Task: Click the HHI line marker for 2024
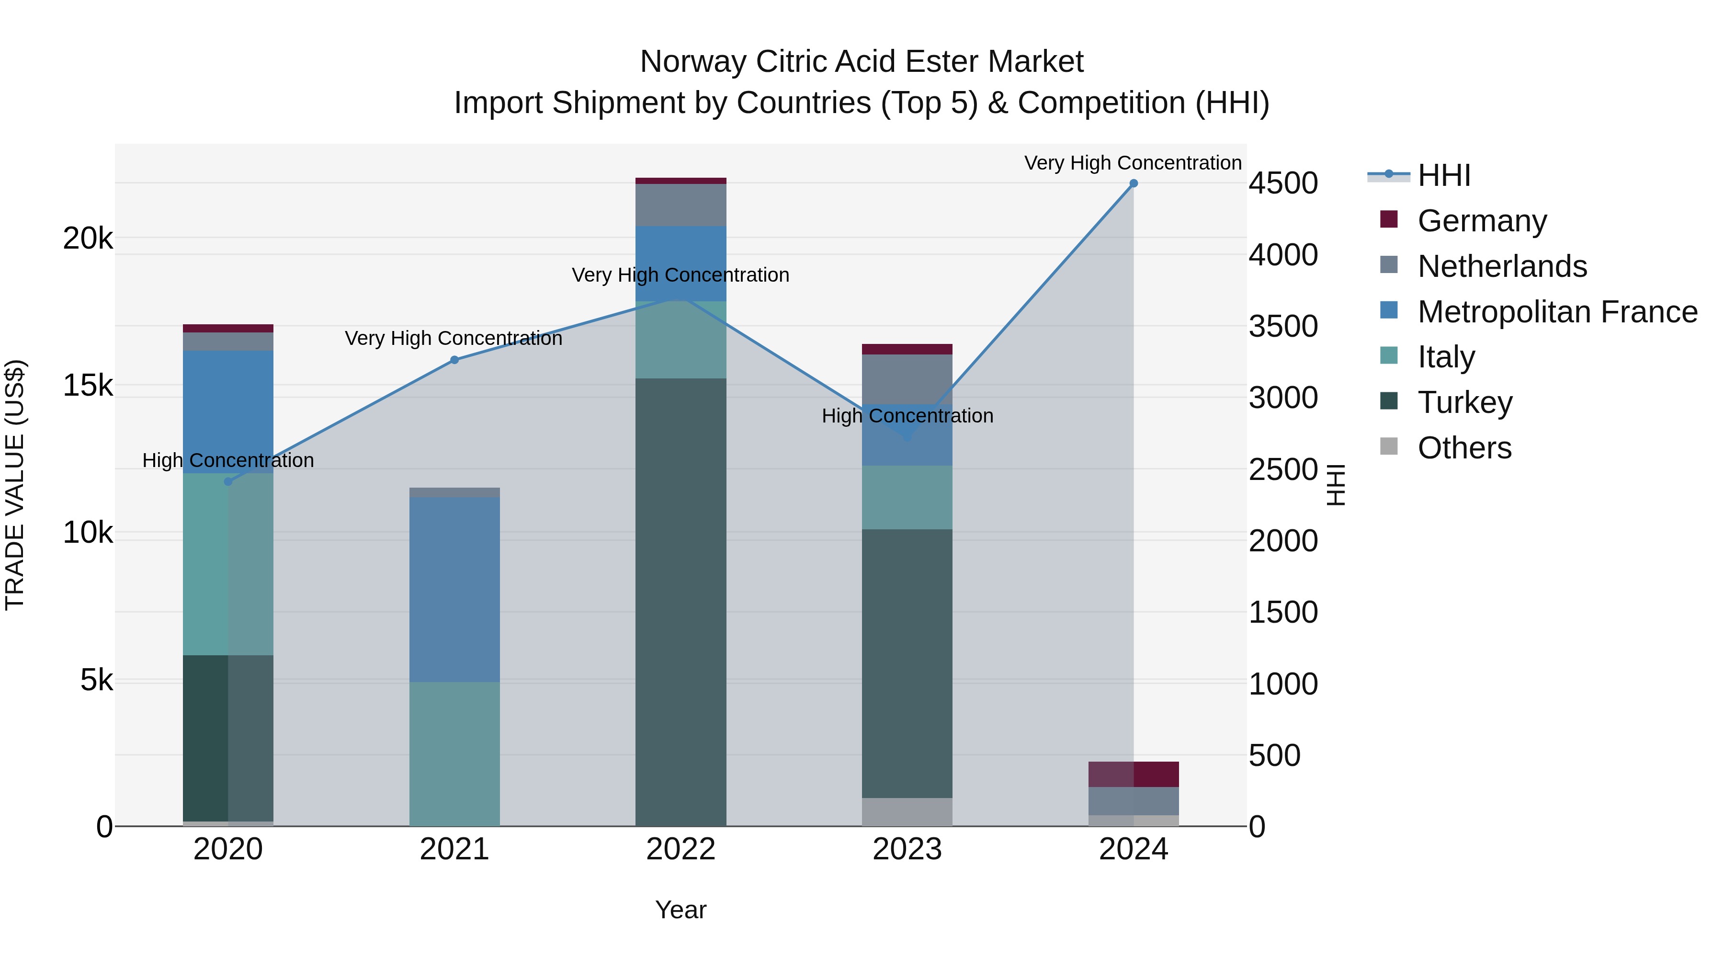[x=1133, y=183]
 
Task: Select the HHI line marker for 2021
[x=454, y=360]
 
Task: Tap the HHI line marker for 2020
[x=228, y=481]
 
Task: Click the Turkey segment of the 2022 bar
[x=681, y=603]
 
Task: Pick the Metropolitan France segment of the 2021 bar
[x=454, y=589]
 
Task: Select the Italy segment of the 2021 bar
[x=454, y=754]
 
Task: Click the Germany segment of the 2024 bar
[x=1133, y=775]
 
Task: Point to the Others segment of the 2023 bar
[x=907, y=812]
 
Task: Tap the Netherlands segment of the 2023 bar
[x=907, y=379]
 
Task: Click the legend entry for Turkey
[x=1464, y=402]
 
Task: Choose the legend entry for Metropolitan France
[x=1557, y=312]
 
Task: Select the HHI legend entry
[x=1443, y=175]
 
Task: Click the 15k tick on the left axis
[x=88, y=386]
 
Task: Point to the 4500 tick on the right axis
[x=1283, y=183]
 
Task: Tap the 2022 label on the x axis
[x=681, y=849]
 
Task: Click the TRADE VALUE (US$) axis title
[x=15, y=485]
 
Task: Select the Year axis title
[x=681, y=910]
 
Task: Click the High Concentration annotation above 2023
[x=907, y=416]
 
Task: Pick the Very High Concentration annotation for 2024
[x=1133, y=163]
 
